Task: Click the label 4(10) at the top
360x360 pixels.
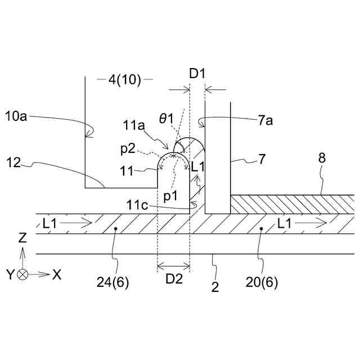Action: [124, 80]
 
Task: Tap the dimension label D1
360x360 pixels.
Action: [197, 74]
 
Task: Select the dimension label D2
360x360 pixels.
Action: [173, 278]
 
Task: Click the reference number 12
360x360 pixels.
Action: [16, 164]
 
